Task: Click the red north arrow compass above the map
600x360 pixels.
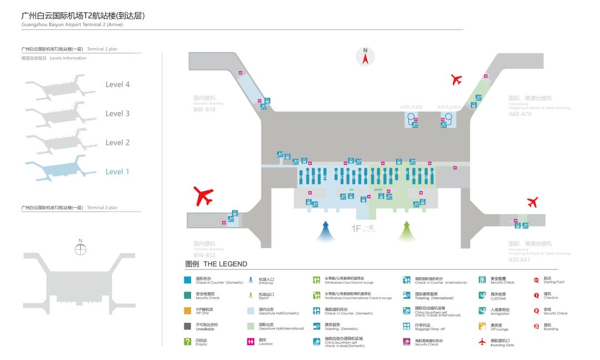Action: [x=366, y=56]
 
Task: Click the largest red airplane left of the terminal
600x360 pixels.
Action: [x=204, y=196]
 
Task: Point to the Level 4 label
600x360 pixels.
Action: [x=118, y=84]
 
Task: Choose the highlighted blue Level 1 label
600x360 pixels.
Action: [x=118, y=172]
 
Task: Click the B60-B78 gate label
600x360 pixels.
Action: [x=204, y=109]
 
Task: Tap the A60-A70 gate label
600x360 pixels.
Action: [x=520, y=114]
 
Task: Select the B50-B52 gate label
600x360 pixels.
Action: [x=204, y=256]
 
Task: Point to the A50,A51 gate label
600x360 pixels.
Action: [x=519, y=259]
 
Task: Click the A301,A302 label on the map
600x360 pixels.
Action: [x=412, y=107]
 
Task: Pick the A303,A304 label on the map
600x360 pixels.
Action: [x=449, y=107]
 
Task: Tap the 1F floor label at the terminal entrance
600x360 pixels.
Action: [x=356, y=228]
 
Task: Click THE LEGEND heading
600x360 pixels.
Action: [x=216, y=264]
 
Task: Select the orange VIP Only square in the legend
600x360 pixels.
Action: [x=188, y=311]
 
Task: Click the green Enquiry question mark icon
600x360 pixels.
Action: [x=188, y=342]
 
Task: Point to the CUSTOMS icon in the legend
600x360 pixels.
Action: [x=482, y=295]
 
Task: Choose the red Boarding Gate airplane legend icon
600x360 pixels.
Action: [x=482, y=342]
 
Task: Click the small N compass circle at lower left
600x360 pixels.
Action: [x=81, y=249]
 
